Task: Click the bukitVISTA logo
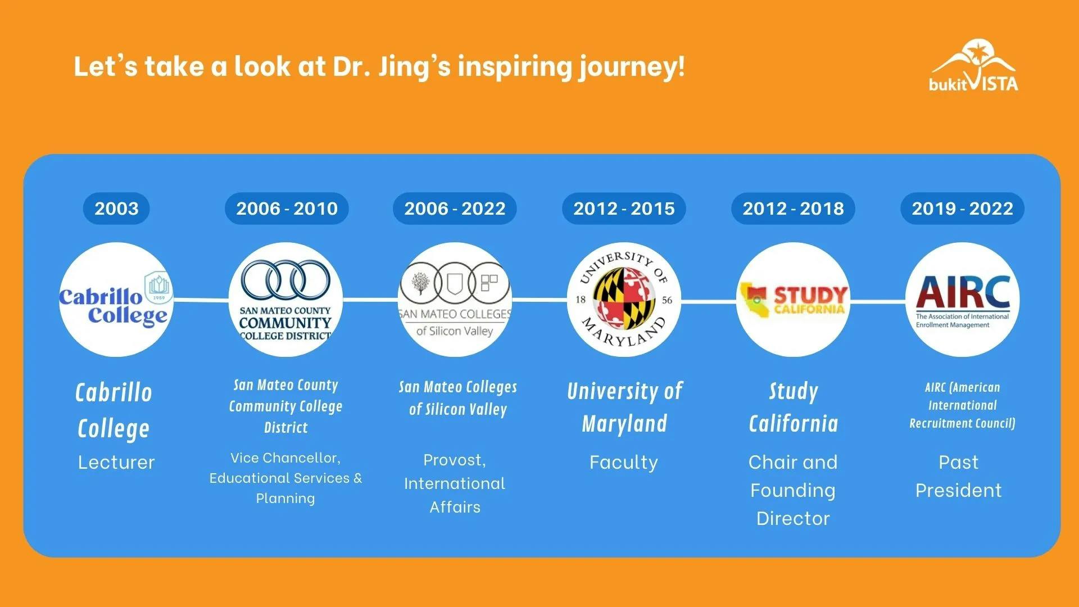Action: coord(973,66)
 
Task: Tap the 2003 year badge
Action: coord(116,209)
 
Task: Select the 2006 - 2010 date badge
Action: coord(287,209)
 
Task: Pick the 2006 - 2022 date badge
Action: coord(455,209)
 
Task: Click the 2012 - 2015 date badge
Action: coord(624,209)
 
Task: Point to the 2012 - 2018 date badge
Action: coord(793,209)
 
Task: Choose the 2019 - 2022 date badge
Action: coord(962,209)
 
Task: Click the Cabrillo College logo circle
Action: coord(116,300)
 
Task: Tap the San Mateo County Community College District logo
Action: coord(285,300)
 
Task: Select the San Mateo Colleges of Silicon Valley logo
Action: coord(455,300)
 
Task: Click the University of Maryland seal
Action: coord(624,300)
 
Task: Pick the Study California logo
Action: coord(793,300)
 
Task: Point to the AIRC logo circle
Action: coord(962,300)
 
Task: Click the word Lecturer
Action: coord(116,463)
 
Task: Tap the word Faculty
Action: coord(624,463)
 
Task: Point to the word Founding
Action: coord(793,491)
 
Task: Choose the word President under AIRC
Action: coord(959,491)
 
